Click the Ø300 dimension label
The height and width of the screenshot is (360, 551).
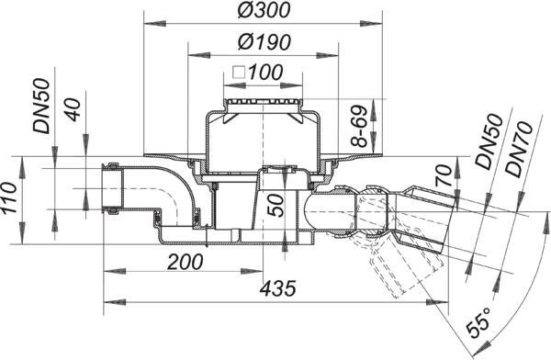pos(264,10)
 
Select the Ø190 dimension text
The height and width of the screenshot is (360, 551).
pos(264,42)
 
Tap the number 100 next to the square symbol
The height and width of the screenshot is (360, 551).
pos(265,73)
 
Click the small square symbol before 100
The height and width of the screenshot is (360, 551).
pos(239,73)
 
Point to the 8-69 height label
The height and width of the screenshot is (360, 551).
pos(359,126)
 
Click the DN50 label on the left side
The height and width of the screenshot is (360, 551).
pos(41,106)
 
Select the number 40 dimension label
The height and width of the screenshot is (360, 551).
pos(73,109)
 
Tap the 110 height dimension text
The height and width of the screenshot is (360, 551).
pos(8,197)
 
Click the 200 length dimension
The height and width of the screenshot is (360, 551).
pos(186,262)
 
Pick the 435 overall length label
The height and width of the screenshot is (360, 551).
pos(278,288)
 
